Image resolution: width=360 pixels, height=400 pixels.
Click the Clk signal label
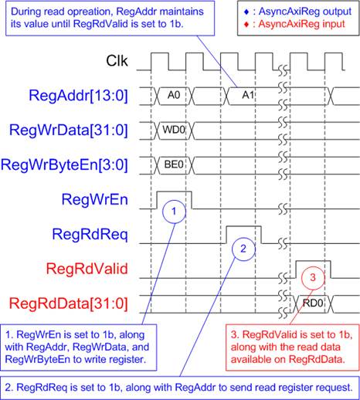[x=117, y=61]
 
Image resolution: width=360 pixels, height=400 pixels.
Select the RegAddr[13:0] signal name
[x=78, y=96]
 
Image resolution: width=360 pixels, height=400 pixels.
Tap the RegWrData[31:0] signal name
[x=69, y=131]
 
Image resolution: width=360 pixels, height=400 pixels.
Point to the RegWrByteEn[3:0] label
[x=64, y=165]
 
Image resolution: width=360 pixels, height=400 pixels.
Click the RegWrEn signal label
[x=95, y=199]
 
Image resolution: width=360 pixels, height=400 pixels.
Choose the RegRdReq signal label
[x=90, y=235]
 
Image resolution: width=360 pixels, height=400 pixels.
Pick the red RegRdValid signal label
[x=87, y=269]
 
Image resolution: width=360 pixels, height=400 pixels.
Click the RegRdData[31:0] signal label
[x=69, y=303]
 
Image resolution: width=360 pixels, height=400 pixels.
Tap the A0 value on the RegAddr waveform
[x=174, y=96]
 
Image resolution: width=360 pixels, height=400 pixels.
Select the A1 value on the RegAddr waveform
[x=248, y=96]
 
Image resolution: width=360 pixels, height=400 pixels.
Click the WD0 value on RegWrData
[x=174, y=130]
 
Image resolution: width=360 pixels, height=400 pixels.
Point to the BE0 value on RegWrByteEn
[x=174, y=164]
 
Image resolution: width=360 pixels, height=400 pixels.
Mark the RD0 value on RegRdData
[x=313, y=303]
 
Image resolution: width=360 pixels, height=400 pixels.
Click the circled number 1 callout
[x=174, y=212]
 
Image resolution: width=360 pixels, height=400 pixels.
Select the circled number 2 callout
[x=243, y=249]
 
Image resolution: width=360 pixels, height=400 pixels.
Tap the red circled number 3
[x=313, y=278]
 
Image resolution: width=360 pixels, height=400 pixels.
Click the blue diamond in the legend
[x=246, y=12]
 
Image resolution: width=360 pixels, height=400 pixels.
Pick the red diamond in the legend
[x=246, y=25]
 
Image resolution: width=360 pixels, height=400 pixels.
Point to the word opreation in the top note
[x=86, y=12]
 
